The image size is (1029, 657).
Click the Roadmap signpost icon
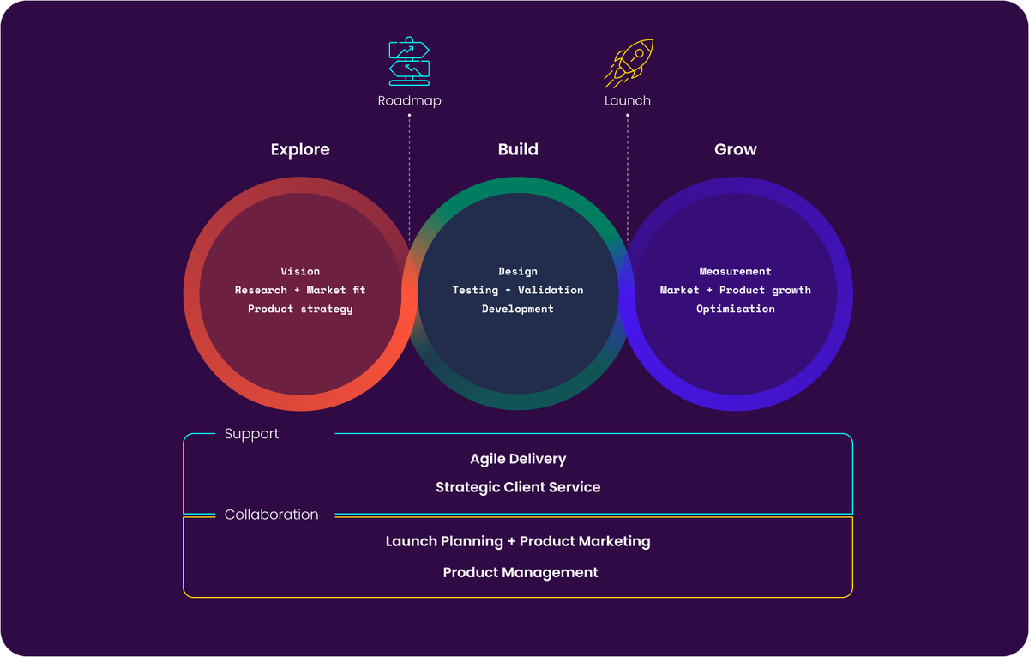point(409,62)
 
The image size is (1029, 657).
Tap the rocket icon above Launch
point(629,62)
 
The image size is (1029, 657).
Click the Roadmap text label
point(409,101)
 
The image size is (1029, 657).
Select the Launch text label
point(628,101)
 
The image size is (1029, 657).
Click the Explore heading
point(300,149)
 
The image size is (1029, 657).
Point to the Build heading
point(518,149)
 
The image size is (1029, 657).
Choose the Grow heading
point(736,149)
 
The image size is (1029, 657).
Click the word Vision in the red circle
point(300,271)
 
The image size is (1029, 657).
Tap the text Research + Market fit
point(300,290)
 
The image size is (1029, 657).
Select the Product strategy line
point(300,309)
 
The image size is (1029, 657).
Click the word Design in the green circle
point(518,271)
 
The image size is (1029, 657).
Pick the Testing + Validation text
point(518,290)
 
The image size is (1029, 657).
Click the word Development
point(518,309)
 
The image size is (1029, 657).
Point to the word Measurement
point(736,271)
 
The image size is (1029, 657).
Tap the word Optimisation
point(736,309)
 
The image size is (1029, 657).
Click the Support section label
point(251,434)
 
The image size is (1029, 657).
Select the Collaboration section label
point(271,515)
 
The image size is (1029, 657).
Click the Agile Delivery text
point(518,460)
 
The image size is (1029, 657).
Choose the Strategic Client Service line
point(518,487)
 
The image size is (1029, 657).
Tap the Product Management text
point(521,572)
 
